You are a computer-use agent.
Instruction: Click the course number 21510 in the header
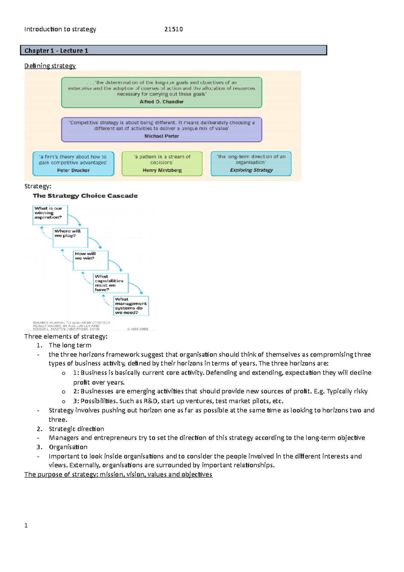173,29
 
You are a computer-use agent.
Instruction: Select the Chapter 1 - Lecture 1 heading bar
173,51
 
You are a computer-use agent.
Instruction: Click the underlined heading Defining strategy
50,66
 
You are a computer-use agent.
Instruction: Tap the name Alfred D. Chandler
162,102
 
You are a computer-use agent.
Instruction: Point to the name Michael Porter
162,136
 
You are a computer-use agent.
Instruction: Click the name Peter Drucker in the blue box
73,170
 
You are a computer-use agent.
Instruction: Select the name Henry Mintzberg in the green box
162,170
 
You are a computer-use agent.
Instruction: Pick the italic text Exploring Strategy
251,170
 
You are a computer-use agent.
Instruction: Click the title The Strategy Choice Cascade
85,196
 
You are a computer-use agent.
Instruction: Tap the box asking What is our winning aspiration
50,215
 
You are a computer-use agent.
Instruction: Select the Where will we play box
70,237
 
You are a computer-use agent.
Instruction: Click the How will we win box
91,260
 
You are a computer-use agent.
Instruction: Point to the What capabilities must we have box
111,283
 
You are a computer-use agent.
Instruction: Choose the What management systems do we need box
131,306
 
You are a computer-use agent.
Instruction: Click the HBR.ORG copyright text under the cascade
138,329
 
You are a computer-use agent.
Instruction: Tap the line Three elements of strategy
66,337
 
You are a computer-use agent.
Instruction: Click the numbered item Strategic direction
76,429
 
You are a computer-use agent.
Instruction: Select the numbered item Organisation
68,447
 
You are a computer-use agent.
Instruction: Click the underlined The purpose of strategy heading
118,475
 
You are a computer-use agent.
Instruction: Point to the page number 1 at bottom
26,526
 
